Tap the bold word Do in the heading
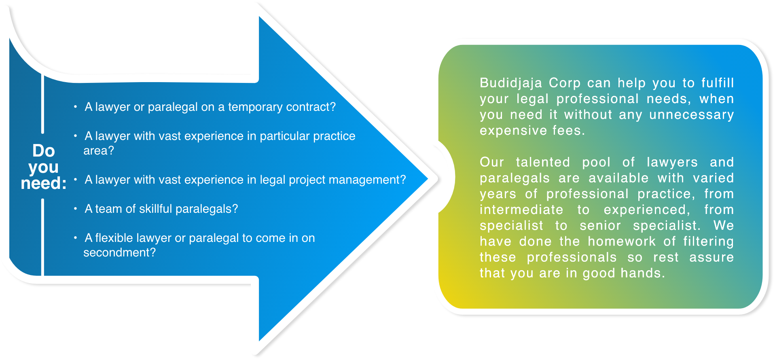pyautogui.click(x=44, y=151)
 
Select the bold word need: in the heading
pyautogui.click(x=44, y=183)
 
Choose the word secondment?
pyautogui.click(x=120, y=252)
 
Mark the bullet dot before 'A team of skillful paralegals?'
pyautogui.click(x=75, y=209)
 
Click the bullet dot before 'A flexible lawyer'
pyautogui.click(x=75, y=238)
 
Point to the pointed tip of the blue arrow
pyautogui.click(x=428, y=178)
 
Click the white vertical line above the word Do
pyautogui.click(x=42, y=104)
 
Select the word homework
pyautogui.click(x=622, y=241)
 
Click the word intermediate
pyautogui.click(x=521, y=210)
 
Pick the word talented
pyautogui.click(x=543, y=162)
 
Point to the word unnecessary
pyautogui.click(x=691, y=115)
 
